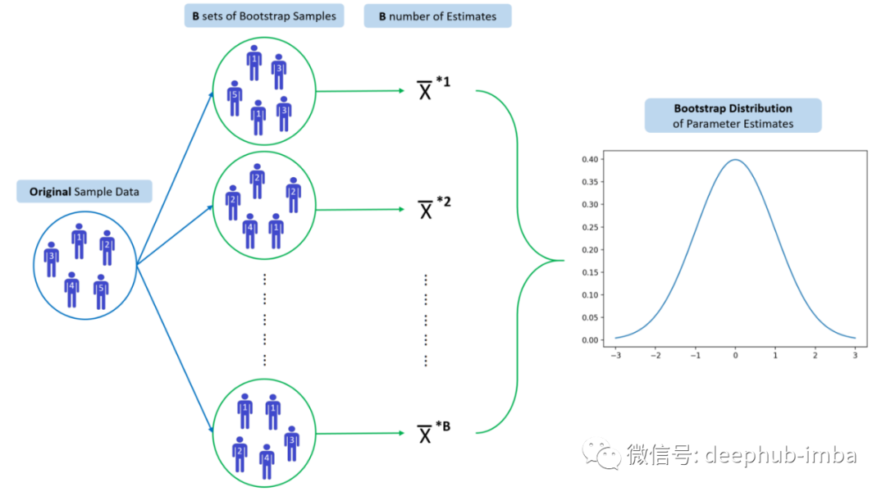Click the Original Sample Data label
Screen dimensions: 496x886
coord(84,193)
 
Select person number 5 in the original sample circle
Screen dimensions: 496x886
coord(101,291)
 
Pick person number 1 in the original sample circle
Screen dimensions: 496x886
coord(80,240)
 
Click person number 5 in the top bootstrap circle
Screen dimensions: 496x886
coord(235,98)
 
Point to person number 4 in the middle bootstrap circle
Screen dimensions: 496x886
coord(250,230)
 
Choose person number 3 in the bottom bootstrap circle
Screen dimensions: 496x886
coord(291,443)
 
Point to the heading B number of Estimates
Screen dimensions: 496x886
coord(437,16)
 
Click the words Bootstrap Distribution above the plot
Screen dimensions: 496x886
coord(733,108)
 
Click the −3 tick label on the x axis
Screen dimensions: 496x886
coord(615,356)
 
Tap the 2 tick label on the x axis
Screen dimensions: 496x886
coord(815,356)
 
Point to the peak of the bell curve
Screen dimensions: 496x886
coord(736,160)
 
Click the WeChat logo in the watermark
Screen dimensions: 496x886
coord(601,453)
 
